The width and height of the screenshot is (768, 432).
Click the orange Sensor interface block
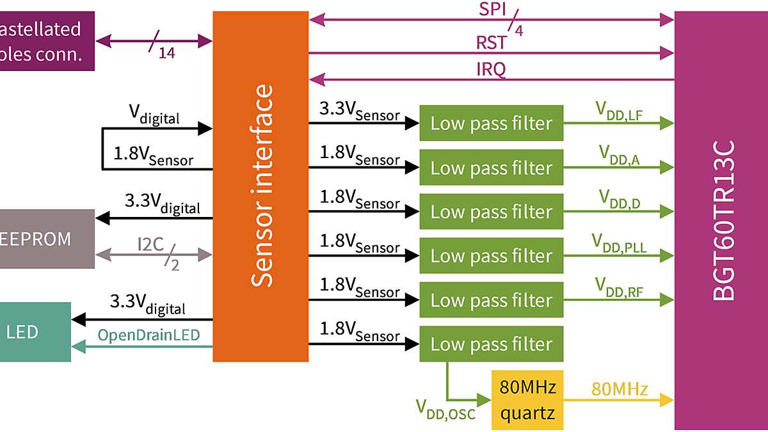[x=260, y=186]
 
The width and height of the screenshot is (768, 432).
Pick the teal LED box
[x=32, y=332]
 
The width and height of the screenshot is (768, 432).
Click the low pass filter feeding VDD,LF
[x=491, y=123]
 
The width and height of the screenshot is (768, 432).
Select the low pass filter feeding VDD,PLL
[x=491, y=256]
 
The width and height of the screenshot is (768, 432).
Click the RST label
[x=491, y=43]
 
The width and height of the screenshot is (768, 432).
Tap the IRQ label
[x=491, y=69]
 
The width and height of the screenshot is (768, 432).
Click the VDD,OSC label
[x=445, y=409]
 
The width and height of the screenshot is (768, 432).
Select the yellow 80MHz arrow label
[x=620, y=389]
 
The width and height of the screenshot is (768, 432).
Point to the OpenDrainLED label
[x=148, y=335]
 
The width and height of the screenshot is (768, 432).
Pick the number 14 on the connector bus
[x=166, y=54]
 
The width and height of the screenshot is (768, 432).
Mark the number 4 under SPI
[x=518, y=29]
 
